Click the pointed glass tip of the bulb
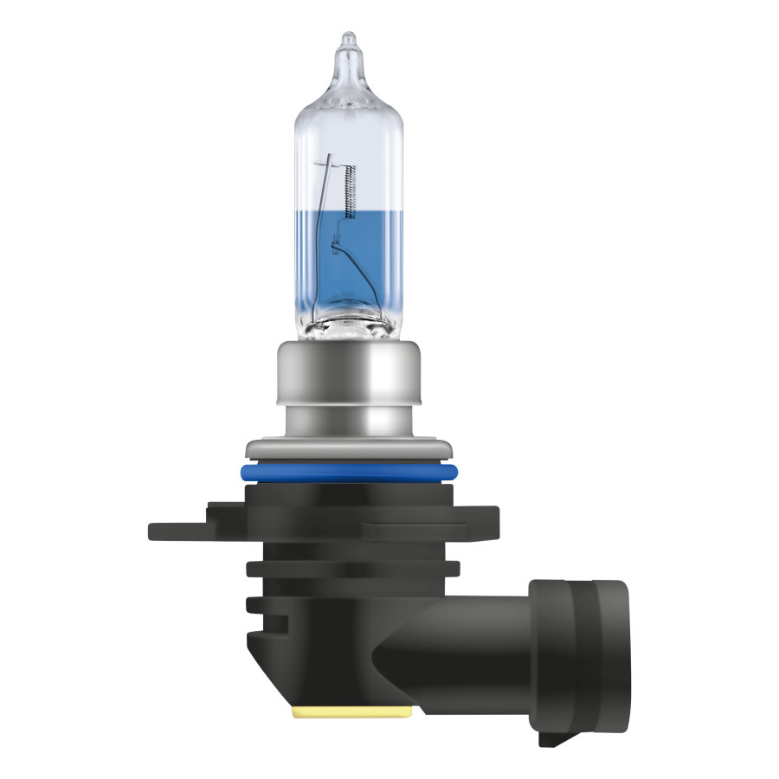click(x=348, y=40)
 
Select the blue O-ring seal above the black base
click(x=350, y=473)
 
